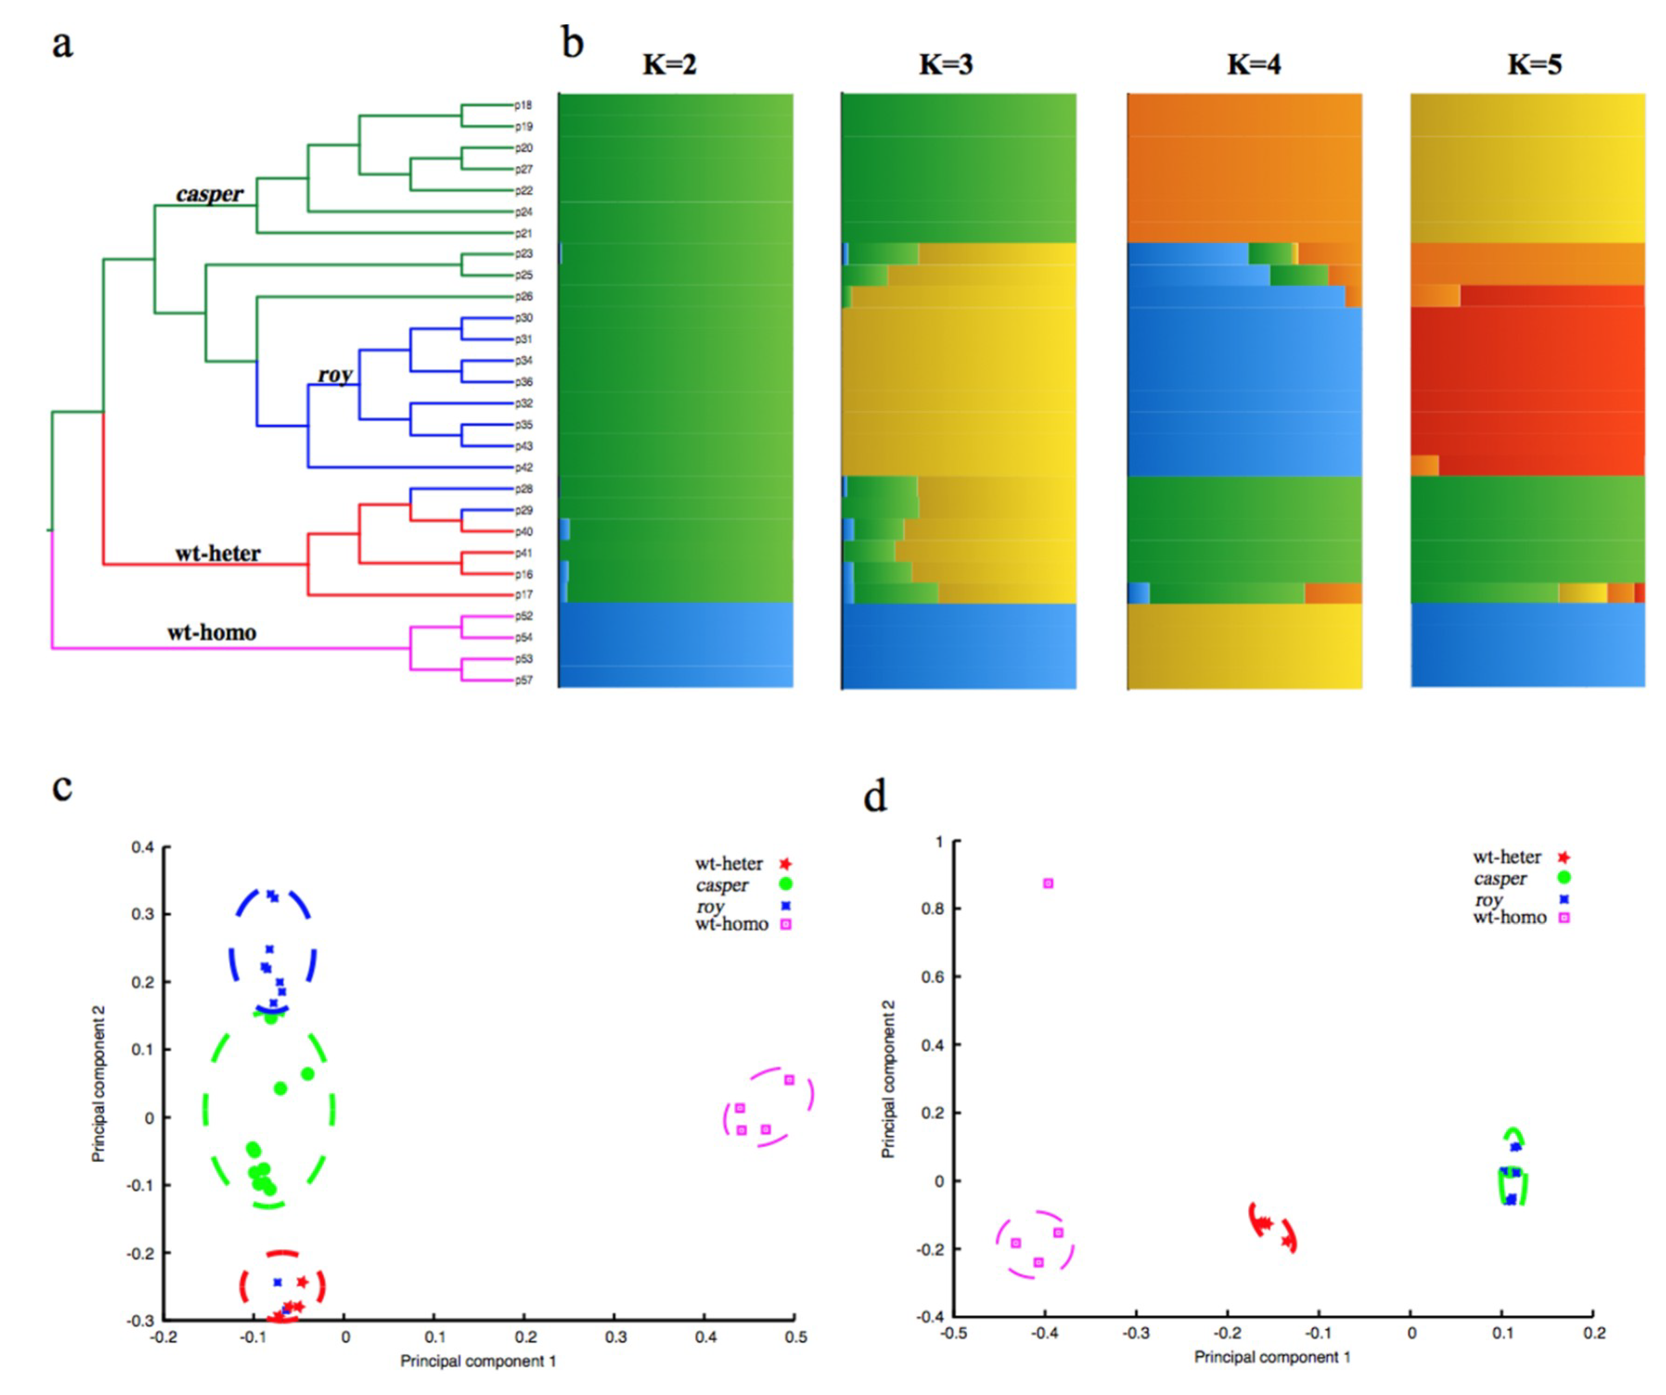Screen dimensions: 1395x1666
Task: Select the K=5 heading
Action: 1534,64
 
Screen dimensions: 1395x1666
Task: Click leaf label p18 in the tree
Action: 524,105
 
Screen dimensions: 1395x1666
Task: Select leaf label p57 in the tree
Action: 524,680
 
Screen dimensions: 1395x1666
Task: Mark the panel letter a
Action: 63,44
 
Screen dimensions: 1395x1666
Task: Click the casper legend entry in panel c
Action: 723,884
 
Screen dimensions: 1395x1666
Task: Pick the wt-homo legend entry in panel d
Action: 1510,918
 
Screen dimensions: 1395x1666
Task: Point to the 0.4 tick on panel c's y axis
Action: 144,847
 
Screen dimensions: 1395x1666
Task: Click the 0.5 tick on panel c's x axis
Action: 796,1337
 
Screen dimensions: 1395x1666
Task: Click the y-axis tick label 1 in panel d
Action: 939,841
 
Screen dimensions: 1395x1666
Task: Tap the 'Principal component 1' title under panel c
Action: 478,1361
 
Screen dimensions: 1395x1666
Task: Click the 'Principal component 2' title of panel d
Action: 889,1079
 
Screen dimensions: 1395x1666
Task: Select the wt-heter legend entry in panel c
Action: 728,864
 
